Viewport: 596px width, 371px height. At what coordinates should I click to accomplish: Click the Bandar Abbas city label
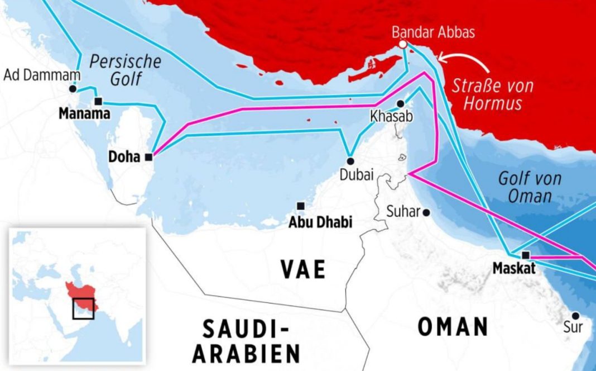pos(433,32)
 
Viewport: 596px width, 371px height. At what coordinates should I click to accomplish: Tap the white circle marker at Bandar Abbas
pos(402,45)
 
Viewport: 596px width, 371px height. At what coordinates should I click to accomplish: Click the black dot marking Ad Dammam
pos(73,88)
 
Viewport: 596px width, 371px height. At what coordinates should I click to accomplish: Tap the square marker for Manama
pos(99,101)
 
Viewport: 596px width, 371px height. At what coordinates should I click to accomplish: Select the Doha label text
pos(124,158)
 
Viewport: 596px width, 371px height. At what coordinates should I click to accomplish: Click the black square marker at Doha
pos(148,158)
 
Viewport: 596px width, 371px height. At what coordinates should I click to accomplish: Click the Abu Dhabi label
pos(320,222)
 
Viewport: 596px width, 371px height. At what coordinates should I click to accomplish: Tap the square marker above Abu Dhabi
pos(301,206)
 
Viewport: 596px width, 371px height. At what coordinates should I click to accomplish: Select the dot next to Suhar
pos(426,212)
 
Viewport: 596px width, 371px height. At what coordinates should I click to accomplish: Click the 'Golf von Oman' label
pos(529,187)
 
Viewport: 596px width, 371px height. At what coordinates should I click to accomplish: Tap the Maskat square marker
pos(525,255)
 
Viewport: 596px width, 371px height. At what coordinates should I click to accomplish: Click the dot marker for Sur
pos(575,316)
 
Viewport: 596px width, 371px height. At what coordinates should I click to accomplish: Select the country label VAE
pos(303,269)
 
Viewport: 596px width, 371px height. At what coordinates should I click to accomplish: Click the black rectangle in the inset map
pos(83,308)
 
